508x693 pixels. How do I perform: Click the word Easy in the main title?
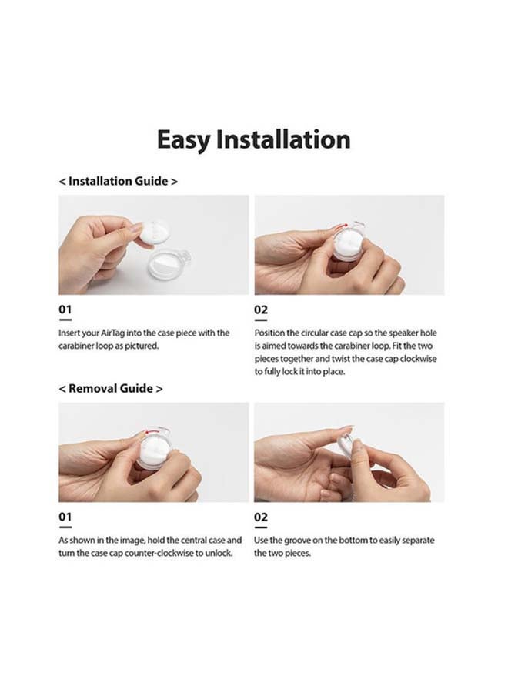[x=183, y=140]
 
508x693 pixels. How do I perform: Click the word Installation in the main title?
[x=283, y=139]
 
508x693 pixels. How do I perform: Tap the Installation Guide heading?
[x=119, y=181]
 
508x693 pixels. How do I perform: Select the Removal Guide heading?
[x=110, y=389]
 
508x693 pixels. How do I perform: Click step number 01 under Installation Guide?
[x=65, y=310]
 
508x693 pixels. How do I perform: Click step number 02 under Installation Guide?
[x=261, y=310]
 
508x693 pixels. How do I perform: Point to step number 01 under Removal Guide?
[x=65, y=517]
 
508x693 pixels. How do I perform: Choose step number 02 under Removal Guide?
[x=261, y=517]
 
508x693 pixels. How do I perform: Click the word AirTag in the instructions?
[x=113, y=333]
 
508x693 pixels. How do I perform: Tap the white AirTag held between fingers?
[x=154, y=234]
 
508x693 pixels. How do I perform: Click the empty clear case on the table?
[x=169, y=264]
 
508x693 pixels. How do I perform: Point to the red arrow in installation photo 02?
[x=340, y=226]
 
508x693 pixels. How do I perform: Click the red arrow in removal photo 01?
[x=153, y=431]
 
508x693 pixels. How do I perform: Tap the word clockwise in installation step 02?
[x=418, y=358]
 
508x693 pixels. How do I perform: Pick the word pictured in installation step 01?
[x=142, y=346]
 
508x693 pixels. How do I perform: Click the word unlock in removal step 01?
[x=220, y=553]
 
